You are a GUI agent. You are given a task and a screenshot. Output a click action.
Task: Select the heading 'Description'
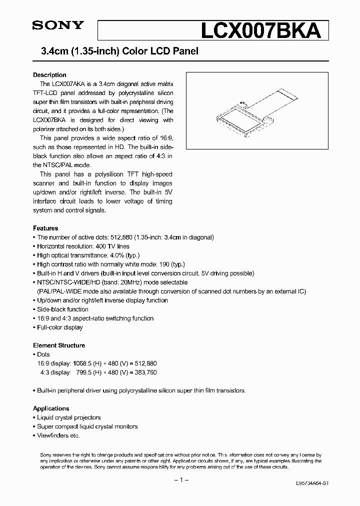coord(49,75)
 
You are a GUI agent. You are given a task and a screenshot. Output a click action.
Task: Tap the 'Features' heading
coord(45,228)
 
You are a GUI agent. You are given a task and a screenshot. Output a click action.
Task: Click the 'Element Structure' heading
coord(59,345)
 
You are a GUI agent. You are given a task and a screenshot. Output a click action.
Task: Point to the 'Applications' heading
coord(51,408)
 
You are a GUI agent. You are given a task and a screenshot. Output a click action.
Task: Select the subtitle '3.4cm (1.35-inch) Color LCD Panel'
coord(116,51)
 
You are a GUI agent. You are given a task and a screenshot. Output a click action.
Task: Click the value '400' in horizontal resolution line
coord(101,246)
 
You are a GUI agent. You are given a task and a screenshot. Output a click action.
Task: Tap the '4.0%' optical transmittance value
coord(120,255)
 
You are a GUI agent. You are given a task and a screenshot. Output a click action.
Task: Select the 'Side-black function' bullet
coord(62,309)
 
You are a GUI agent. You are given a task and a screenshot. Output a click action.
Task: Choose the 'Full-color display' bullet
coord(60,327)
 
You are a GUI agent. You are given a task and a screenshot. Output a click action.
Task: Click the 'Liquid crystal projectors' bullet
coord(69,417)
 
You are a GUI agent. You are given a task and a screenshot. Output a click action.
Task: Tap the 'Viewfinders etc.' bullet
coord(58,435)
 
